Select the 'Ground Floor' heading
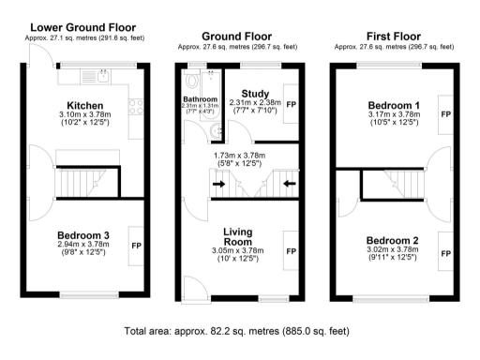236,37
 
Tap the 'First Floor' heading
394,37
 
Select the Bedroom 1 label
391,104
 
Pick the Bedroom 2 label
391,239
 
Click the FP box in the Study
290,104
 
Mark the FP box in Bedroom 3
136,246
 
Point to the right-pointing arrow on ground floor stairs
218,185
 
